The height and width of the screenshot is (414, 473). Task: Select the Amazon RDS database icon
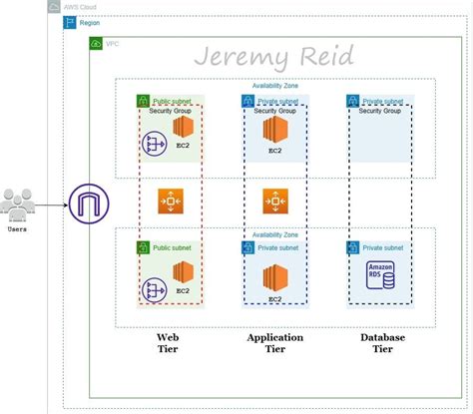click(x=380, y=276)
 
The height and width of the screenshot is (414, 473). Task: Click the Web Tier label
click(x=167, y=344)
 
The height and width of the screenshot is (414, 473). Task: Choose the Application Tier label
click(x=274, y=344)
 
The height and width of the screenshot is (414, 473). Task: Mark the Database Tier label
click(x=382, y=344)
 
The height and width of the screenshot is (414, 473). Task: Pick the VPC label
click(x=112, y=43)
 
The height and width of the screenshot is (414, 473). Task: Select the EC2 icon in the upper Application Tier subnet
click(x=274, y=131)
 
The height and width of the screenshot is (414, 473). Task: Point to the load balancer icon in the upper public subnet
click(x=157, y=145)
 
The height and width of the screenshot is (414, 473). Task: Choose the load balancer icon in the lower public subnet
click(x=157, y=290)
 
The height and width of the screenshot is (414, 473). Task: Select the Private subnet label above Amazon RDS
click(x=383, y=246)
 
